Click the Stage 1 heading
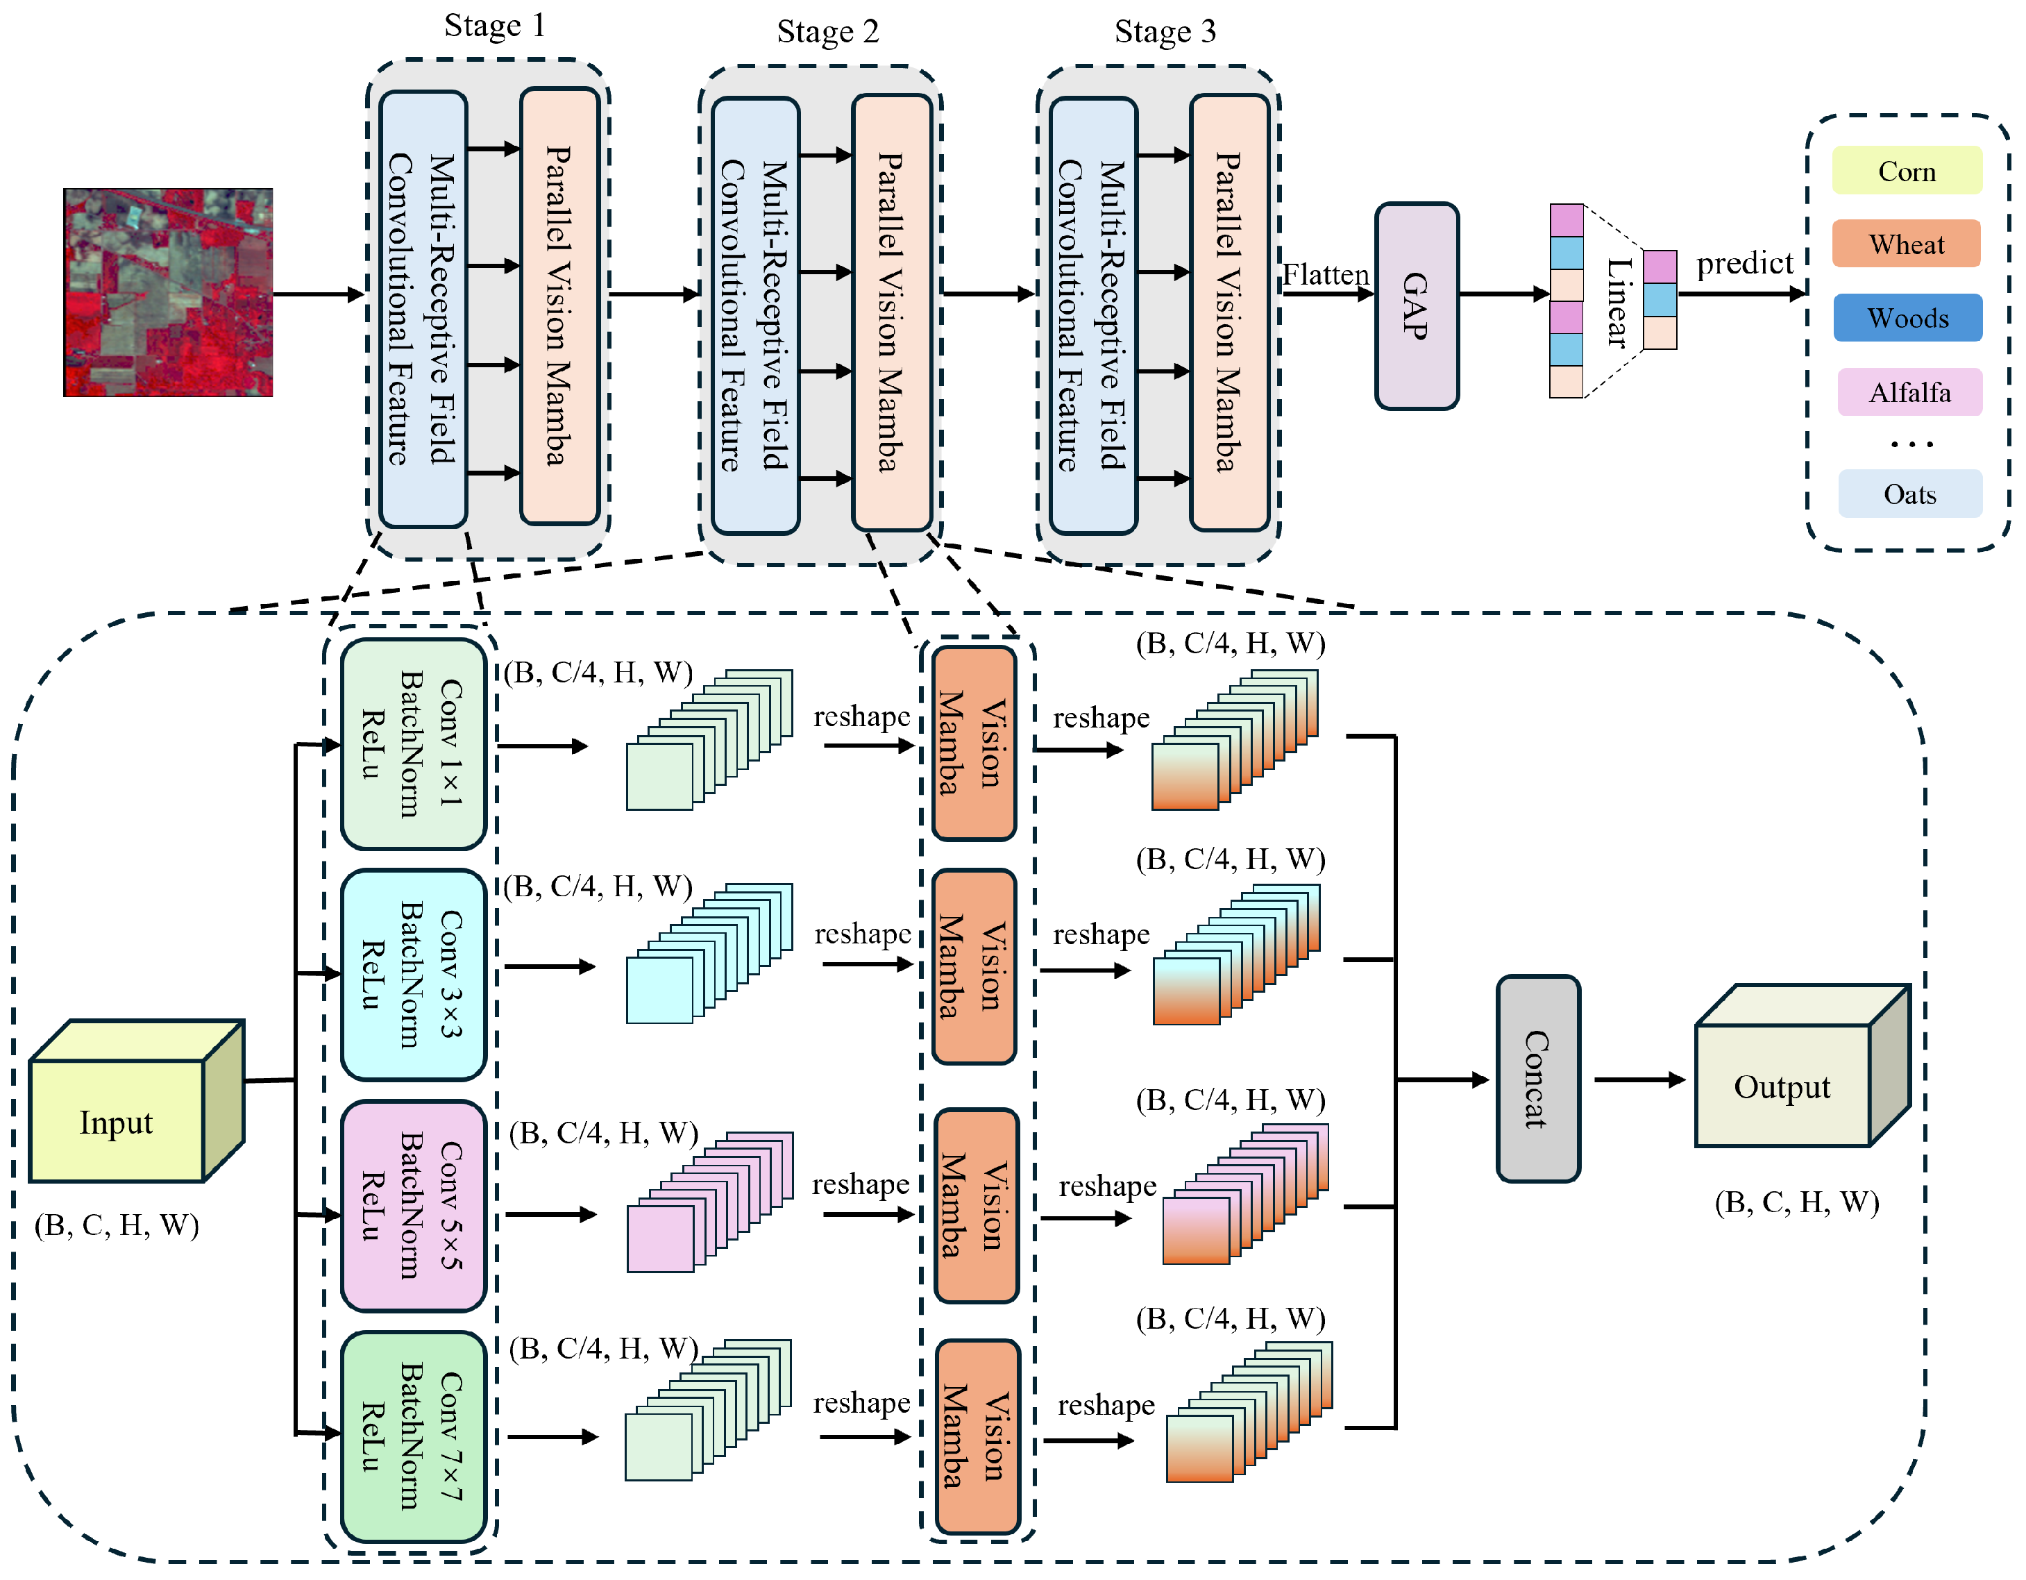click(494, 25)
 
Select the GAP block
click(1416, 306)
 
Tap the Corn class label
click(1907, 171)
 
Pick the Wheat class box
click(1907, 244)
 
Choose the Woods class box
click(1907, 318)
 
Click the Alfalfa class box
click(1909, 392)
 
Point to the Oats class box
click(1909, 494)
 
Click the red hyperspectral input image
click(168, 293)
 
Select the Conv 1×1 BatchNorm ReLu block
click(414, 744)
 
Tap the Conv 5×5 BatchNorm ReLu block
click(414, 1205)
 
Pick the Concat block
click(1537, 1079)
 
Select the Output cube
click(1782, 1086)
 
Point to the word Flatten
click(1325, 276)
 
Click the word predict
click(1744, 264)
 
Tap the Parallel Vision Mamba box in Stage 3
click(1229, 312)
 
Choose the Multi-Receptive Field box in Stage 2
click(755, 315)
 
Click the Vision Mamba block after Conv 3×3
click(973, 966)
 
